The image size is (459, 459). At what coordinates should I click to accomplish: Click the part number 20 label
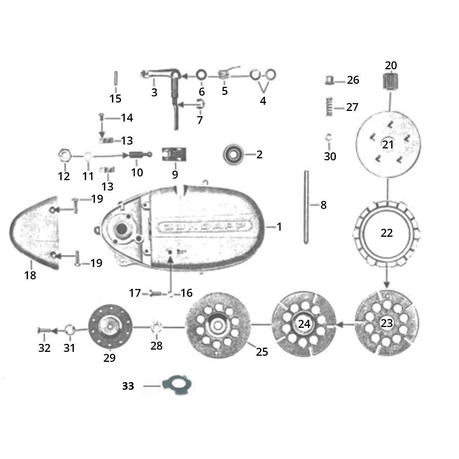click(x=391, y=65)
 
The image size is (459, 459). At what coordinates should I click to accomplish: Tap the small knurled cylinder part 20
click(x=391, y=81)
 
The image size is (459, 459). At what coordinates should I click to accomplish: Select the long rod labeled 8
click(x=306, y=207)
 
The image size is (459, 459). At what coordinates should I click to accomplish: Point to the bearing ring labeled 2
click(x=233, y=155)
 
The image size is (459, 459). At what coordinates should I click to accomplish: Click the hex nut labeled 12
click(x=65, y=156)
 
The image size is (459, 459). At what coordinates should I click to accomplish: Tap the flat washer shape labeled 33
click(x=177, y=386)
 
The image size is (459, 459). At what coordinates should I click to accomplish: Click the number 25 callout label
click(x=262, y=352)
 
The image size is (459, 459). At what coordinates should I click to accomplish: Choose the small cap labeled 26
click(x=329, y=80)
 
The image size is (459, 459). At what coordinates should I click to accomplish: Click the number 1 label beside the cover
click(x=279, y=227)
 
